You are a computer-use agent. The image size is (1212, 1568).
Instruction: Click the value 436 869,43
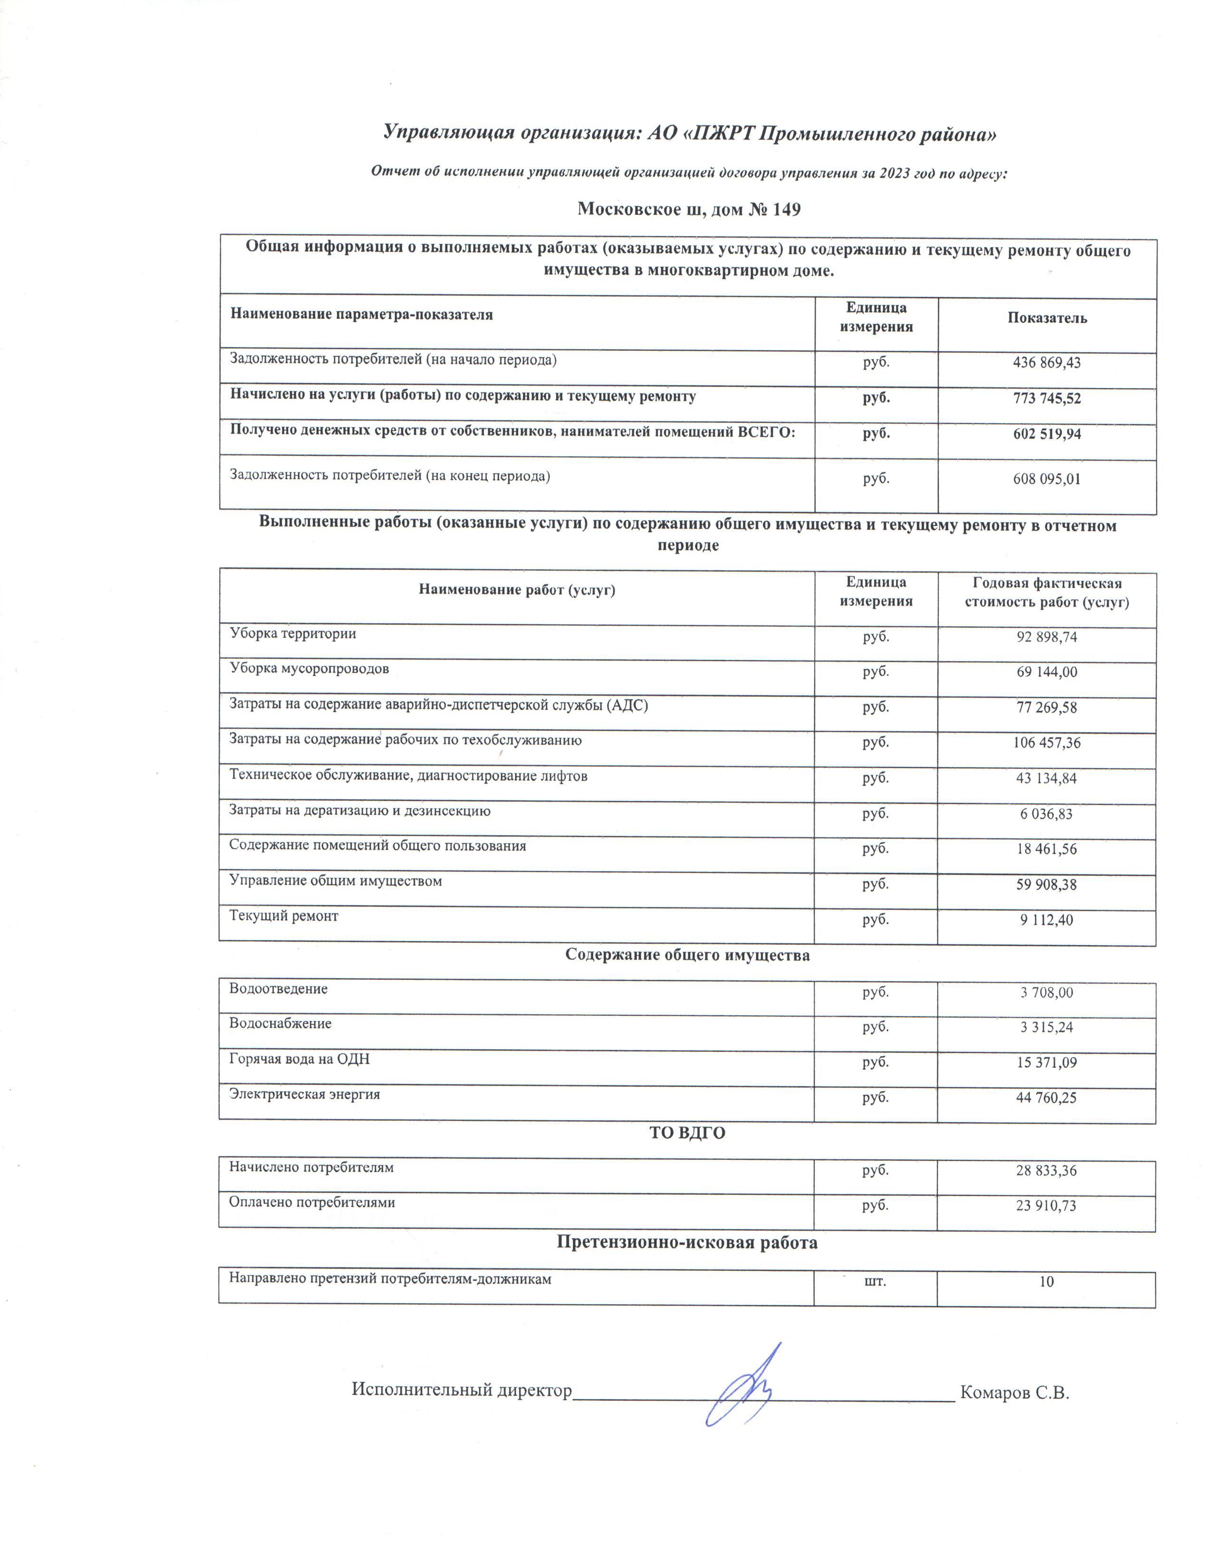coord(1046,363)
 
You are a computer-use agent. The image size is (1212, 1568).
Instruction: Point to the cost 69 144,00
coord(1046,672)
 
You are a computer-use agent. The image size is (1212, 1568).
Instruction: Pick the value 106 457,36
coord(1046,742)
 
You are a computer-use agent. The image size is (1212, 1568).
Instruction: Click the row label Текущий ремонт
coord(284,916)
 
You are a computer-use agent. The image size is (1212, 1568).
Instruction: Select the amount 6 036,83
coord(1046,813)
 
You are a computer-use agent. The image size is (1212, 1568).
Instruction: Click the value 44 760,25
coord(1046,1097)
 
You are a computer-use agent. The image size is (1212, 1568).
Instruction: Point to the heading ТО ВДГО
coord(687,1133)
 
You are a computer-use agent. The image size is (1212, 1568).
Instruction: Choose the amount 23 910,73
coord(1046,1205)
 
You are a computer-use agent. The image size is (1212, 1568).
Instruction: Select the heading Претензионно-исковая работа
coord(687,1242)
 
